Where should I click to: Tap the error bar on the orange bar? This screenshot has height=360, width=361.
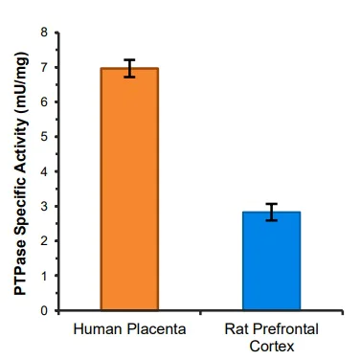click(129, 68)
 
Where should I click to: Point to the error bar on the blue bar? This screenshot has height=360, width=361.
click(271, 212)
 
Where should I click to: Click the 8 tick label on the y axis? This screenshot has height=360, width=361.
click(44, 33)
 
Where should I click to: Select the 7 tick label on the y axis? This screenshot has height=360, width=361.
click(44, 67)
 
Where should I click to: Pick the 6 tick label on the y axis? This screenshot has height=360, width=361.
click(44, 102)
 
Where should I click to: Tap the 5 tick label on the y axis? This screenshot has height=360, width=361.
click(44, 137)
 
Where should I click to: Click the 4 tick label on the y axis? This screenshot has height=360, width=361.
click(44, 171)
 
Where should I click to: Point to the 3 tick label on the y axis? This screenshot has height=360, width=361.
click(44, 207)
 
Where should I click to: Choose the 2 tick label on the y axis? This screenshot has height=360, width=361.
click(44, 241)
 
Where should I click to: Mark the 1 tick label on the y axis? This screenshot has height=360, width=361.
click(44, 276)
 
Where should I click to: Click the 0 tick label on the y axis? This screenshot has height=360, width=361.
click(44, 311)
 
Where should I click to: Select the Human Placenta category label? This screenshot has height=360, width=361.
click(129, 330)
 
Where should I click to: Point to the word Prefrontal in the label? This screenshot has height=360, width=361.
click(282, 330)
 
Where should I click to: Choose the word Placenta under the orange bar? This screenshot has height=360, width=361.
click(155, 330)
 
